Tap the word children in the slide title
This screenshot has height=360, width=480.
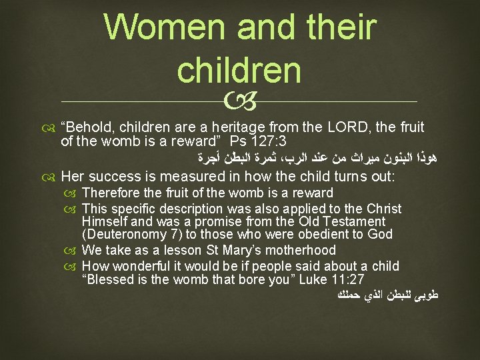[239, 70]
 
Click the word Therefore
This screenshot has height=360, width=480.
[111, 193]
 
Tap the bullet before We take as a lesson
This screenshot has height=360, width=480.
[73, 251]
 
